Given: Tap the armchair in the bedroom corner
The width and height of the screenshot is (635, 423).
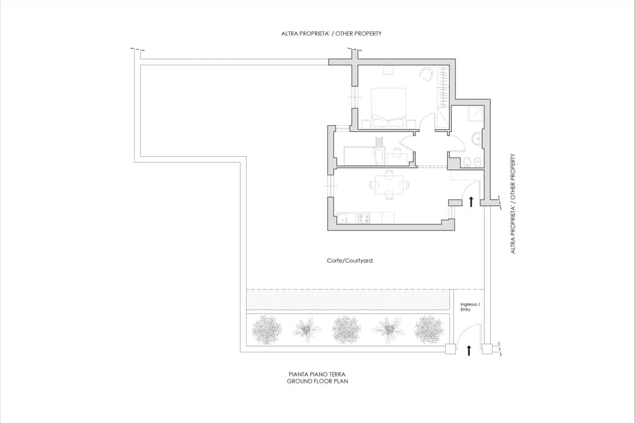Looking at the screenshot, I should click(x=427, y=74).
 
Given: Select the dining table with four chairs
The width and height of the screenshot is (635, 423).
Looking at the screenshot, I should click(x=388, y=185).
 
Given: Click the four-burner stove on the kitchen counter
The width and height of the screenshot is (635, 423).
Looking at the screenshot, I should click(x=363, y=218).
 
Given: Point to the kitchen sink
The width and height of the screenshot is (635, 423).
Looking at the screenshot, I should click(x=344, y=218).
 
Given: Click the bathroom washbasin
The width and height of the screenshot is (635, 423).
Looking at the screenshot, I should click(x=477, y=138).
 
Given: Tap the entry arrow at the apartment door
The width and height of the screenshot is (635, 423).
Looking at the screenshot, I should click(x=470, y=201).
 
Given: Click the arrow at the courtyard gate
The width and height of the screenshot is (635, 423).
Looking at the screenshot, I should click(x=469, y=350).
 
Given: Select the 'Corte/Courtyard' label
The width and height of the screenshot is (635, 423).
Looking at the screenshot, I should click(x=349, y=261).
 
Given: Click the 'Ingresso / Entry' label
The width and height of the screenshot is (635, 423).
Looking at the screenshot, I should click(x=470, y=306).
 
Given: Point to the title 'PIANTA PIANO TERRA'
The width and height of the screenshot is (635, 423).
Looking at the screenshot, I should click(x=317, y=375).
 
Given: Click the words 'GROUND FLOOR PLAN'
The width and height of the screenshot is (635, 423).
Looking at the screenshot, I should click(x=317, y=382).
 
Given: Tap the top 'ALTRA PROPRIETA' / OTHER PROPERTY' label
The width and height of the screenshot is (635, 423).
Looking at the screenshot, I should click(x=331, y=33).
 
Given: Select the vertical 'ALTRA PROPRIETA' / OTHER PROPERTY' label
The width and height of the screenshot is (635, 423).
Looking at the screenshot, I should click(x=513, y=204).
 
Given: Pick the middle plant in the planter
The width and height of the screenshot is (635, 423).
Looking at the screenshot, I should click(x=346, y=329).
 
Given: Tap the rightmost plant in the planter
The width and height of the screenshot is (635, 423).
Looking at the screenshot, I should click(x=428, y=329).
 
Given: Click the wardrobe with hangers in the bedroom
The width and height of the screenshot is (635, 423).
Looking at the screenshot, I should click(x=441, y=89).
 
